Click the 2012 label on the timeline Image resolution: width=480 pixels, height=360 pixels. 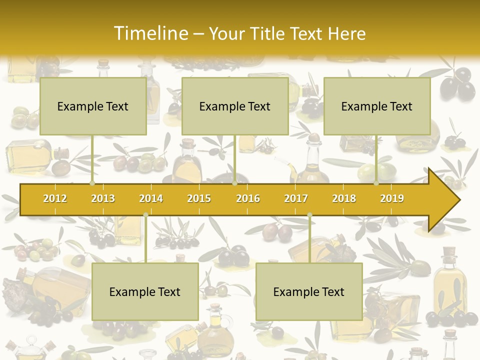click(55, 198)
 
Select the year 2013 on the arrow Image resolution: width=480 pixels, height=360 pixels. click(103, 198)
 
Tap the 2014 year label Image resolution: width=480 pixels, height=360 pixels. click(151, 198)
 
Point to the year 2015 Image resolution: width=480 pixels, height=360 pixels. click(199, 198)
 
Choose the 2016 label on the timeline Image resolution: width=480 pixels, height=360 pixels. click(248, 198)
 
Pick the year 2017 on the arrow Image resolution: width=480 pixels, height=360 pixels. click(296, 198)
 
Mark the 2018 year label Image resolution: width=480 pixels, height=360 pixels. click(344, 198)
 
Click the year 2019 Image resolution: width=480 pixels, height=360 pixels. click(392, 198)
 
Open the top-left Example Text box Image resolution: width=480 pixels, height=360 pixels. click(93, 106)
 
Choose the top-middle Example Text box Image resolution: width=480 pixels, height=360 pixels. click(235, 106)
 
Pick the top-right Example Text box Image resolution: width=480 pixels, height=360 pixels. click(377, 106)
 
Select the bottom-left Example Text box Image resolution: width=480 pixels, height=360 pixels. click(145, 291)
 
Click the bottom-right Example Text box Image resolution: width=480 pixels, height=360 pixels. click(309, 291)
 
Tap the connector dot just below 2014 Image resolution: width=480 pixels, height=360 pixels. click(145, 215)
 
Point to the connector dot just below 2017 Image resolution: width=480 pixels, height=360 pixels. click(309, 215)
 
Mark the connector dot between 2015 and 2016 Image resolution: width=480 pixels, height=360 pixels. click(234, 183)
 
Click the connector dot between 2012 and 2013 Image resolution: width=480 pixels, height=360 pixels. click(92, 183)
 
